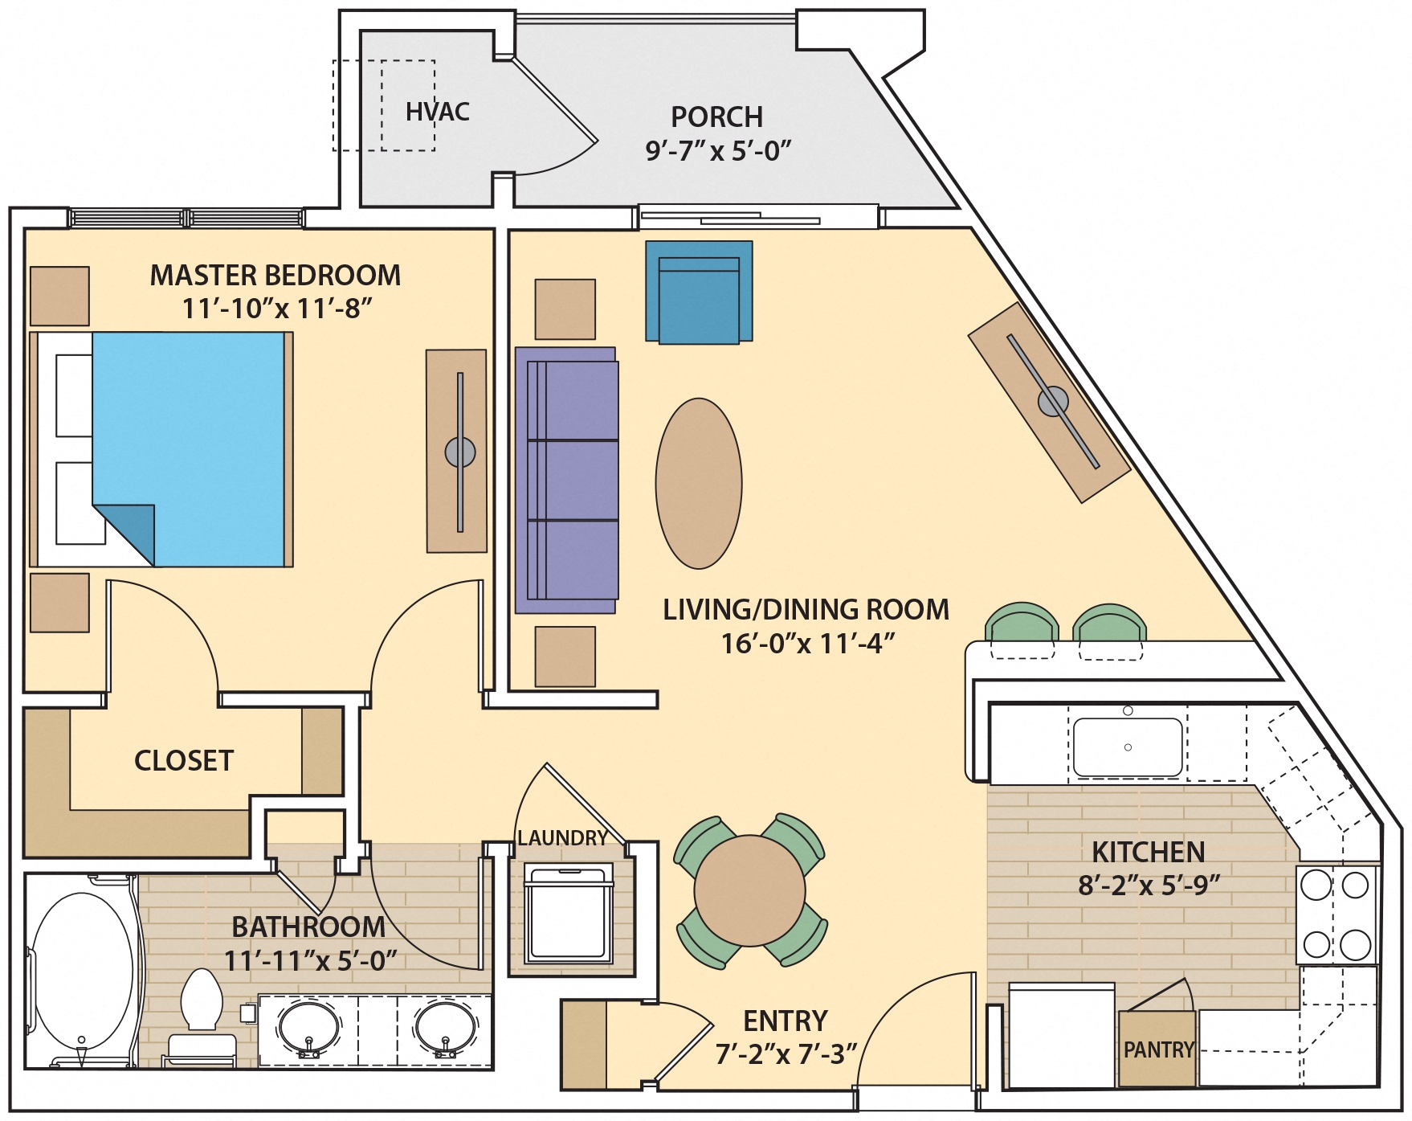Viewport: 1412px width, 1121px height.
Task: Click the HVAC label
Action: [x=437, y=112]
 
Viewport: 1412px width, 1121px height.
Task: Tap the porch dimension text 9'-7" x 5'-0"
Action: [x=717, y=151]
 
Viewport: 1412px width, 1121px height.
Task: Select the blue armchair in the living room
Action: [x=699, y=293]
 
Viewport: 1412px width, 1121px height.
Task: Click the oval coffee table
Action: [x=698, y=484]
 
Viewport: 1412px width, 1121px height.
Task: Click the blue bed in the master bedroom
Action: [x=189, y=434]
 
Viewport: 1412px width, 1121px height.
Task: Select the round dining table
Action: [x=749, y=890]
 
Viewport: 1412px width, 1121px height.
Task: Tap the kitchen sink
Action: [x=1127, y=747]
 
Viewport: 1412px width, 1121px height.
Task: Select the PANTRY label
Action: [x=1157, y=1050]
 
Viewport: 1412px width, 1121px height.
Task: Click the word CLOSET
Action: [x=183, y=761]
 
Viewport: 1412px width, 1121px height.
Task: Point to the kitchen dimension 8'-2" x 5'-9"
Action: [x=1149, y=886]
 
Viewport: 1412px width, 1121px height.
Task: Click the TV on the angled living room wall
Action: [x=1052, y=401]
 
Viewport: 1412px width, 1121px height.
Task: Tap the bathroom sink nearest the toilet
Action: [x=308, y=1029]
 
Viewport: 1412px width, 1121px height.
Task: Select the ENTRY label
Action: [x=785, y=1021]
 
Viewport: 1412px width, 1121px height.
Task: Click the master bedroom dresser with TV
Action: [x=457, y=452]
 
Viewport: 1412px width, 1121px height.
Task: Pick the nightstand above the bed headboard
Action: [x=59, y=296]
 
